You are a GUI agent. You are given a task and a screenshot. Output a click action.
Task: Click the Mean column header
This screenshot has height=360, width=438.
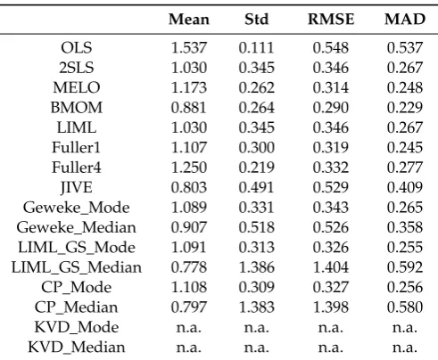click(x=189, y=20)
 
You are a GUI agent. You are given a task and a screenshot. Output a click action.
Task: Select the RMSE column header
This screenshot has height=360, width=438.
click(x=331, y=20)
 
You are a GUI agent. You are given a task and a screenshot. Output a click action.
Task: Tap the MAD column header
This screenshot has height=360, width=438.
click(x=405, y=20)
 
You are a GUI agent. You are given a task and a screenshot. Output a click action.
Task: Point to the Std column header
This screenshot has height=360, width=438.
click(x=256, y=20)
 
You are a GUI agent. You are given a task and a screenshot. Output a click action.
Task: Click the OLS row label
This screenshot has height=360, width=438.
click(x=77, y=47)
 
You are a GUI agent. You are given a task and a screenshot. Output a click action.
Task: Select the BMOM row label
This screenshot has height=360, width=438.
click(x=77, y=108)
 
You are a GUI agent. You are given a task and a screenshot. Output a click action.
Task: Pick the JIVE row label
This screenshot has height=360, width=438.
click(x=77, y=187)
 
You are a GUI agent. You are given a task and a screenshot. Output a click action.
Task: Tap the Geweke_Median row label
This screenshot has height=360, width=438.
click(x=77, y=227)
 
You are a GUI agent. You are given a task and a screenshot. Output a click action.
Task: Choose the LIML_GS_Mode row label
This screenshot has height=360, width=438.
click(x=77, y=248)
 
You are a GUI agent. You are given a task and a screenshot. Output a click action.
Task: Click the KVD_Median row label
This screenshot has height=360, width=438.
click(x=77, y=348)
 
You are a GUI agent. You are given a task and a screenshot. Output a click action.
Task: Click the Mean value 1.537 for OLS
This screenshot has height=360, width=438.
click(x=189, y=47)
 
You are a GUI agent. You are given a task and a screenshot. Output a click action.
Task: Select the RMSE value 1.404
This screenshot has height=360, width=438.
click(x=331, y=267)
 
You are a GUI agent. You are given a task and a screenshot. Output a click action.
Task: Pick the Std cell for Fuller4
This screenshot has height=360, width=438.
click(x=256, y=168)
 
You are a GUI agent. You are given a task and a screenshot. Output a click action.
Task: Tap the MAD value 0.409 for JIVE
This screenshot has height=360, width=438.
click(x=405, y=187)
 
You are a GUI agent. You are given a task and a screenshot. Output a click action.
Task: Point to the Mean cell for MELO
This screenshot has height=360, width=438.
click(x=189, y=87)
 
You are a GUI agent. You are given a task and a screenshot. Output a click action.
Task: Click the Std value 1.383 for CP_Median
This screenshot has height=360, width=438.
click(x=256, y=307)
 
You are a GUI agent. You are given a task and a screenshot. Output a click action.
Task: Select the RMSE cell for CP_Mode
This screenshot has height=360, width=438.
click(x=331, y=287)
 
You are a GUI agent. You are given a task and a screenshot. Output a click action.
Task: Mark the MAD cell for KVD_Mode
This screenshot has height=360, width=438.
click(x=405, y=328)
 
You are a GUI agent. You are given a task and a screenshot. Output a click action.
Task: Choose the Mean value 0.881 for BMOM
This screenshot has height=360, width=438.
click(x=189, y=108)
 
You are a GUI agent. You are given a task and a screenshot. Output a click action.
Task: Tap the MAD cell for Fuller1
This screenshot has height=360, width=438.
click(x=405, y=148)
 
